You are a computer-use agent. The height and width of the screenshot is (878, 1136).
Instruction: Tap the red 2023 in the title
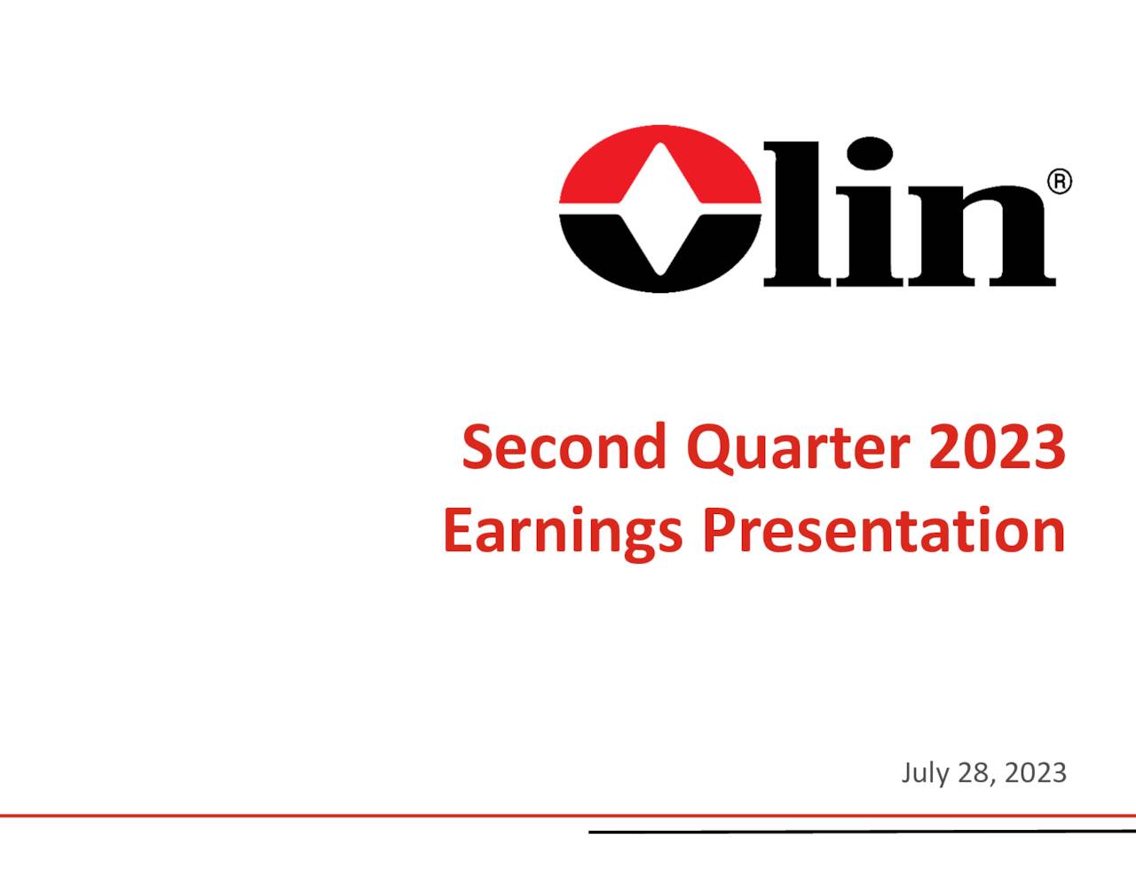click(997, 447)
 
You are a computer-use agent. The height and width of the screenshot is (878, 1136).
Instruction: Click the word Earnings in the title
click(563, 531)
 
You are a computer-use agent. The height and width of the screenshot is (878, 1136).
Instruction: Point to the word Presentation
click(883, 531)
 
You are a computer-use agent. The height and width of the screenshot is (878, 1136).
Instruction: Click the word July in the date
click(925, 773)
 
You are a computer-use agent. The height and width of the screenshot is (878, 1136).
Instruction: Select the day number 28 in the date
click(974, 773)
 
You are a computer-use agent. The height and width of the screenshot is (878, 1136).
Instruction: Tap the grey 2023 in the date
click(1037, 773)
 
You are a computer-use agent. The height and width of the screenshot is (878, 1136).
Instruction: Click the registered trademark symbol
click(1060, 182)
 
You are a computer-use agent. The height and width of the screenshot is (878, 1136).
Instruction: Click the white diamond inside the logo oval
click(659, 210)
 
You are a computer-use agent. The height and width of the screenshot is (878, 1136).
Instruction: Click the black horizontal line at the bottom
click(861, 832)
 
